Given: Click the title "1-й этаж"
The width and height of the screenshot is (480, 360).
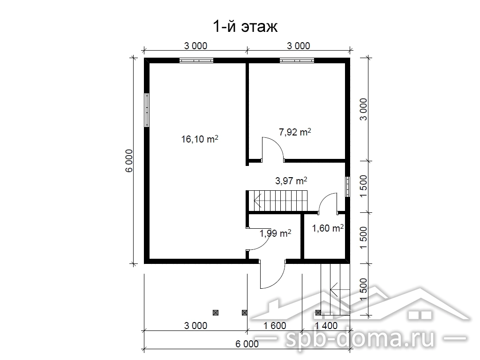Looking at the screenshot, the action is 245,27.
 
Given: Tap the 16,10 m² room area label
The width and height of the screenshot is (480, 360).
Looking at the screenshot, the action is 200,139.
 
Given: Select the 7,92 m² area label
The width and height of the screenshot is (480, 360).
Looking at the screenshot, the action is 295,132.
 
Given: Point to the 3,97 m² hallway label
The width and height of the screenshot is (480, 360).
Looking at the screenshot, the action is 291,180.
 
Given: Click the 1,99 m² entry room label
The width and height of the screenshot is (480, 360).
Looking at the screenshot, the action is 275,233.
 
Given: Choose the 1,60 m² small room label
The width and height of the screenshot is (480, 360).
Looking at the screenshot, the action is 328,228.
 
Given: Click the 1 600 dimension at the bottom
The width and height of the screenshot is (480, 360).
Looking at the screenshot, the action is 275,325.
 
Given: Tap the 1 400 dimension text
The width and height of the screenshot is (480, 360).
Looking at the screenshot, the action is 326,325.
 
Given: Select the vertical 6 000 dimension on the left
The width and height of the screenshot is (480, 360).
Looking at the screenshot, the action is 129,160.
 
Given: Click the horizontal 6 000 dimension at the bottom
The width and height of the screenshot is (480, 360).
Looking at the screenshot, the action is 247,344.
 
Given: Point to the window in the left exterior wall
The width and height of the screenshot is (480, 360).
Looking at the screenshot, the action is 147,110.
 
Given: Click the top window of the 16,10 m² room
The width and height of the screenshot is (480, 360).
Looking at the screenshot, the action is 196,60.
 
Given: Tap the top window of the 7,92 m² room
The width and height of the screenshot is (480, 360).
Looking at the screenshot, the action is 297,60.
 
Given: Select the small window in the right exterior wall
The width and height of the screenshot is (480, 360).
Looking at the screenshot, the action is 347,187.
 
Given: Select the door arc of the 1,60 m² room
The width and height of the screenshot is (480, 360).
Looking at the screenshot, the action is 323,198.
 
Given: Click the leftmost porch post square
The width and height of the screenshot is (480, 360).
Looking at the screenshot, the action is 216,313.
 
